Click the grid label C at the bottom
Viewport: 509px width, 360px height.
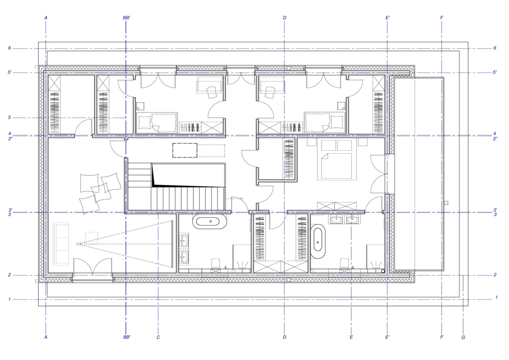pyautogui.click(x=158, y=337)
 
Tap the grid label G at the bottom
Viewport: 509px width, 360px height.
pyautogui.click(x=463, y=337)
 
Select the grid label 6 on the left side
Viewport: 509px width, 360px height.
pyautogui.click(x=9, y=48)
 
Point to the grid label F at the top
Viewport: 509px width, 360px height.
pyautogui.click(x=441, y=18)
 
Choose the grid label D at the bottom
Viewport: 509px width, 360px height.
pyautogui.click(x=285, y=337)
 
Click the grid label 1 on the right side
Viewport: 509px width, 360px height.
pyautogui.click(x=496, y=297)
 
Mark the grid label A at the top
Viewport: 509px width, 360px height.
pyautogui.click(x=46, y=18)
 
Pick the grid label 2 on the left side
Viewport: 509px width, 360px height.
pyautogui.click(x=9, y=274)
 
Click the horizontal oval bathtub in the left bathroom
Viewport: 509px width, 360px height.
pyautogui.click(x=211, y=221)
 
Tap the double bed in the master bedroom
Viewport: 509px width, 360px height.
pyautogui.click(x=336, y=159)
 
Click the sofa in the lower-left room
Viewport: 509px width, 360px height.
pyautogui.click(x=61, y=243)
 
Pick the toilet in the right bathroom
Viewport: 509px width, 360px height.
pyautogui.click(x=345, y=264)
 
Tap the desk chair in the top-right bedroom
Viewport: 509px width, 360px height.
pyautogui.click(x=269, y=92)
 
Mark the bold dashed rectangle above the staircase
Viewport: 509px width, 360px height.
pyautogui.click(x=185, y=150)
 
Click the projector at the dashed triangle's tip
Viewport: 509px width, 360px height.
pyautogui.click(x=78, y=243)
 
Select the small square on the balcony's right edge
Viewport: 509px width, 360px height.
pyautogui.click(x=446, y=203)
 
